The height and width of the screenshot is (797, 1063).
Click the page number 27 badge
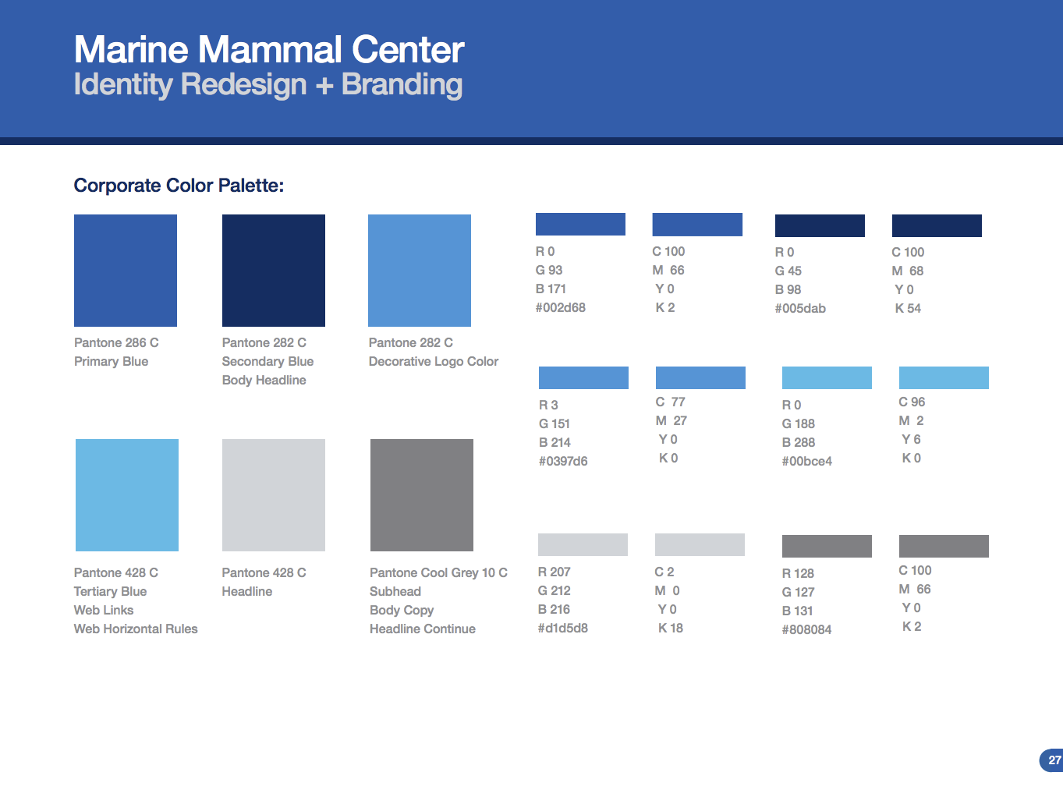1053,760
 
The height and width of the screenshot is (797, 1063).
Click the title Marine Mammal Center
269,50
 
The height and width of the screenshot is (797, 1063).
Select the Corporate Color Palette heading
179,186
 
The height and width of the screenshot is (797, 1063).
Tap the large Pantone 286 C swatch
126,271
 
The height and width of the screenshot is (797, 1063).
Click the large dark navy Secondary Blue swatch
274,271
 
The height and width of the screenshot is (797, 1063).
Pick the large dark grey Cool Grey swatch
422,495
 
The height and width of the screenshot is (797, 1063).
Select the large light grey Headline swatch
274,495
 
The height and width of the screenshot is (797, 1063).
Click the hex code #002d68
560,308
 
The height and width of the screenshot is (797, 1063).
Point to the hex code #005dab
800,309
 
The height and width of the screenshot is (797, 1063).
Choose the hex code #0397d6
563,462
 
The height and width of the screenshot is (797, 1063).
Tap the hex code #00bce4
806,462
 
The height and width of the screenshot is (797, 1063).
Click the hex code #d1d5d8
562,629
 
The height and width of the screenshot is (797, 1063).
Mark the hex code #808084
806,630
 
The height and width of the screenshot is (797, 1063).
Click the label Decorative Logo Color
434,362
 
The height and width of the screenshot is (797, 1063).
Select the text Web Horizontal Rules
136,629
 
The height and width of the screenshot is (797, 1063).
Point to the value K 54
908,309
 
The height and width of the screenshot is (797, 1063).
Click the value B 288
799,443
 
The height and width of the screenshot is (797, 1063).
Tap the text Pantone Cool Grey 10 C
438,573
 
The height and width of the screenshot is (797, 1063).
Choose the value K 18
671,629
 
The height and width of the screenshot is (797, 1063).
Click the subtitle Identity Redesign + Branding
268,85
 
